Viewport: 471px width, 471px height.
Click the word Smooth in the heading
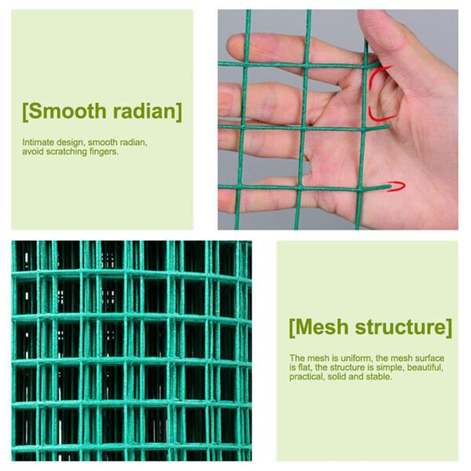click(68, 111)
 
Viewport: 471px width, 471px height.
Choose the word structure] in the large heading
click(403, 327)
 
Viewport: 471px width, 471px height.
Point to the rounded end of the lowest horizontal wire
click(390, 187)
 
